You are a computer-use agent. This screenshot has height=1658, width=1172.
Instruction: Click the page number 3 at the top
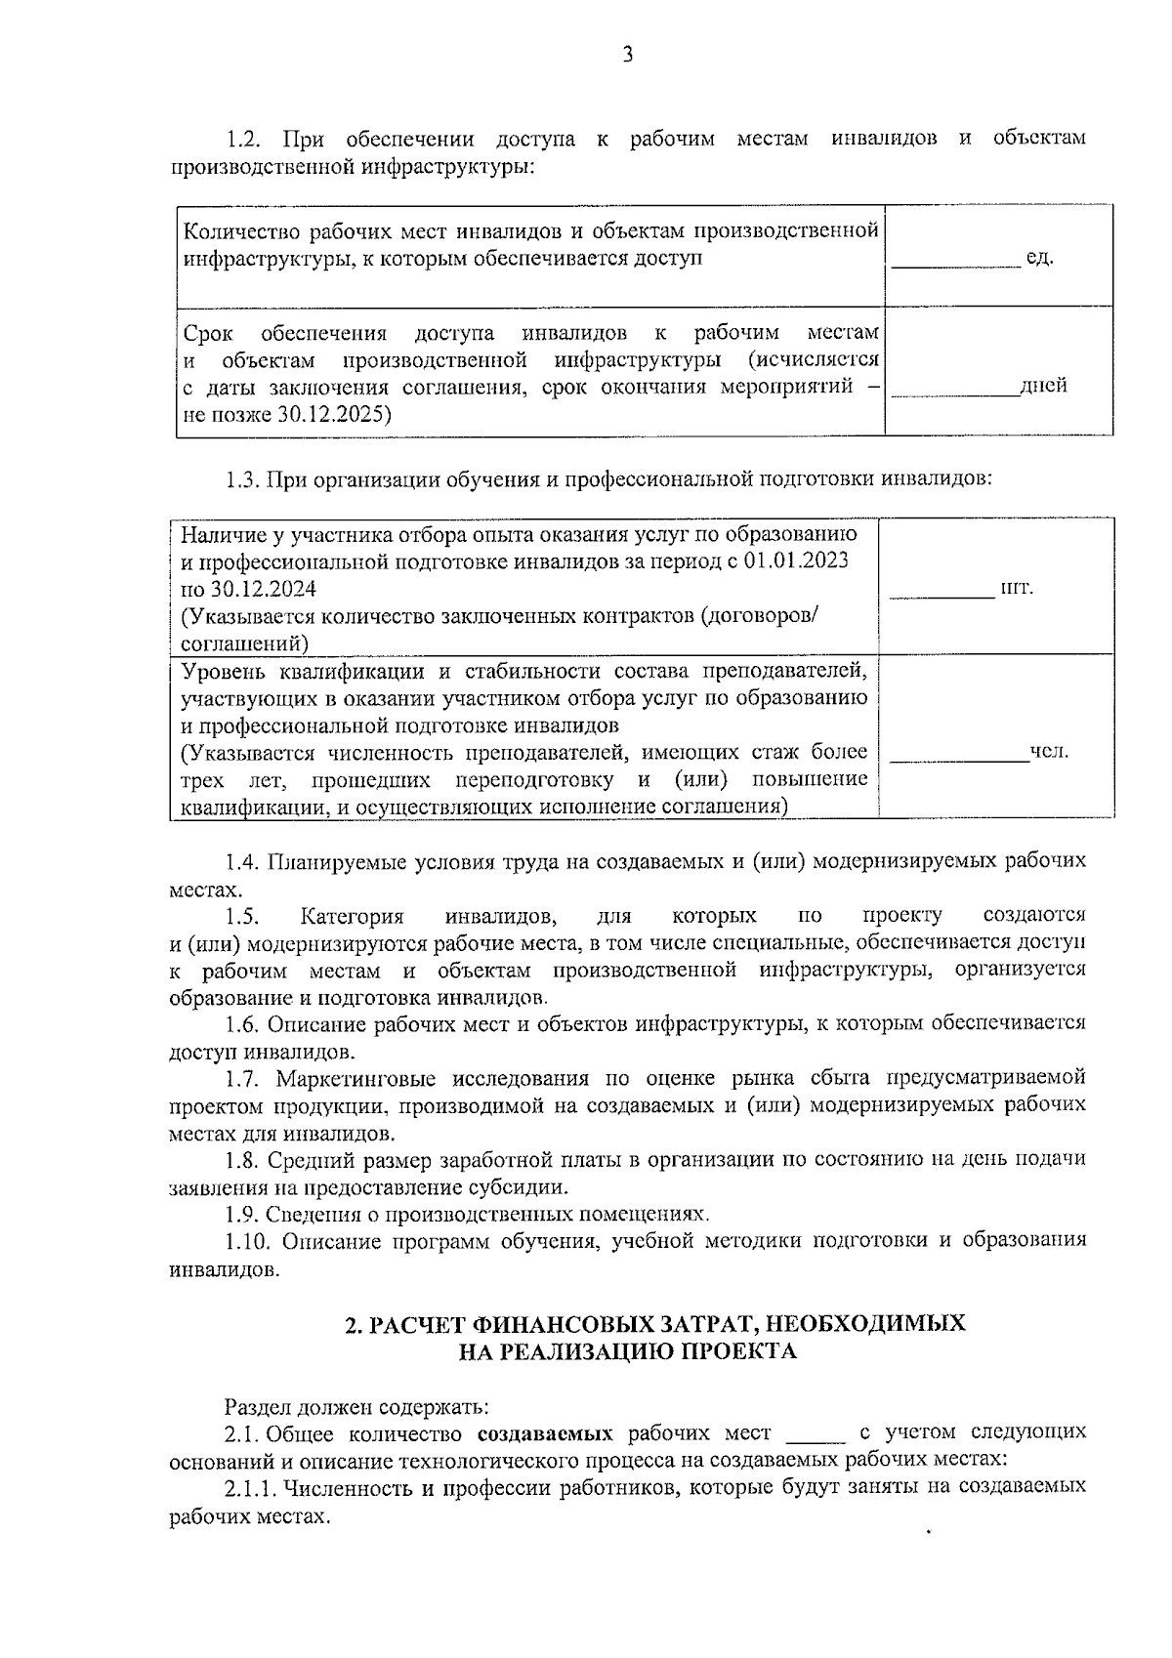click(628, 55)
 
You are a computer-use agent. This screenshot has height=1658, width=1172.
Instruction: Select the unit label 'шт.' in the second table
click(1017, 588)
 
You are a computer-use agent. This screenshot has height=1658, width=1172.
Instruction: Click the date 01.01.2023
click(795, 562)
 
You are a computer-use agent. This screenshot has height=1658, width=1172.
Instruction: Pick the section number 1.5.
click(242, 916)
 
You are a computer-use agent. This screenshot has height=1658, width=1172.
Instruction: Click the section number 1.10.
click(249, 1240)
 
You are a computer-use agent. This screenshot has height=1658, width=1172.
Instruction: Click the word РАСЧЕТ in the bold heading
click(417, 1324)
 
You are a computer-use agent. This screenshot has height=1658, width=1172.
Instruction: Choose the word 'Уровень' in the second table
click(223, 671)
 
